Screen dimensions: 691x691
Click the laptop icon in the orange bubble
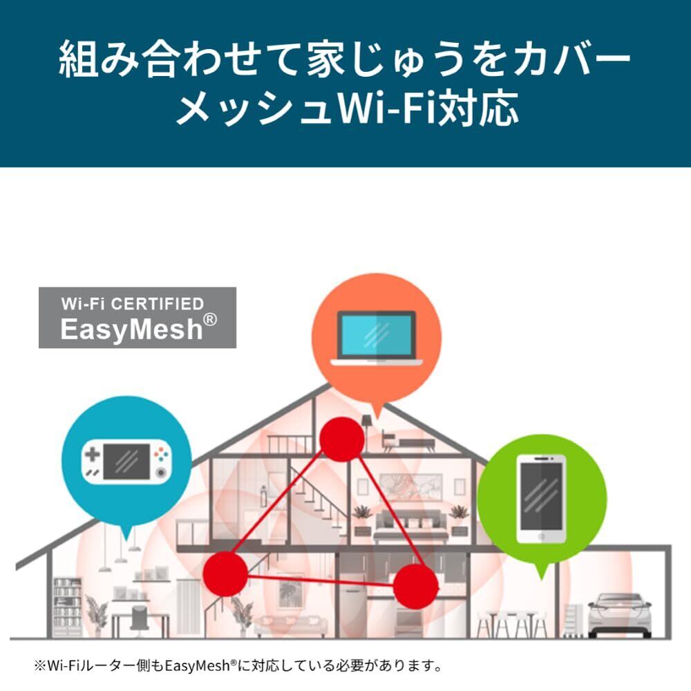point(377,338)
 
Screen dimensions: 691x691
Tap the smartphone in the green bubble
point(542,498)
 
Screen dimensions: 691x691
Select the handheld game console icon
point(126,462)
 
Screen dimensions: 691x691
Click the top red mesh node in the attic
point(342,439)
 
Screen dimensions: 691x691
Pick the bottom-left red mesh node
point(225,574)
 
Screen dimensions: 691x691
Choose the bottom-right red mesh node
point(415,586)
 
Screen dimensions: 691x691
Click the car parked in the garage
point(620,614)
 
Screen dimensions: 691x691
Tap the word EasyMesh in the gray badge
point(131,330)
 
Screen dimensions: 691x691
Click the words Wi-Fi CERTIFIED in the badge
point(133,303)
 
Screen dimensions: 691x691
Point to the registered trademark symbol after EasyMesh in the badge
point(210,319)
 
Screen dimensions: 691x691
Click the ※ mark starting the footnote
point(40,665)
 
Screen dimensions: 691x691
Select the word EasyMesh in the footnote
point(198,665)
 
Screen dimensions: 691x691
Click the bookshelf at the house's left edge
point(68,607)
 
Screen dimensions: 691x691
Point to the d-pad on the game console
point(92,454)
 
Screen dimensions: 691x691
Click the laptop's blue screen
point(377,336)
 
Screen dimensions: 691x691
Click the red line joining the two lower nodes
point(321,580)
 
